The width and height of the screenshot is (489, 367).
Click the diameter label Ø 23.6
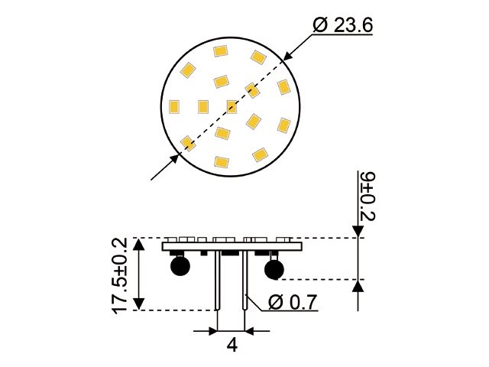pyautogui.click(x=343, y=25)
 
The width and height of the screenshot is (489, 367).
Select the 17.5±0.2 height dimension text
pyautogui.click(x=120, y=273)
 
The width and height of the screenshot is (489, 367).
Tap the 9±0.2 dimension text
pyautogui.click(x=368, y=196)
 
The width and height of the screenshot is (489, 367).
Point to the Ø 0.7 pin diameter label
pyautogui.click(x=293, y=302)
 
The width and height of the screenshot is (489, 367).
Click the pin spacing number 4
pyautogui.click(x=232, y=345)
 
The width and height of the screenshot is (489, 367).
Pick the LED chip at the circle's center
pyautogui.click(x=232, y=106)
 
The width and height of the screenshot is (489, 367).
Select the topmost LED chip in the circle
pyautogui.click(x=221, y=52)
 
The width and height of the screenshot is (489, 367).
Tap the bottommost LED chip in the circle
pyautogui.click(x=222, y=162)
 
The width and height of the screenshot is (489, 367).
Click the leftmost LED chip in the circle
pyautogui.click(x=173, y=106)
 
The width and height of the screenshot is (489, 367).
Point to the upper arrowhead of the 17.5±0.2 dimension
pyautogui.click(x=138, y=244)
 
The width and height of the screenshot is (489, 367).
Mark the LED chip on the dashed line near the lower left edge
pyautogui.click(x=187, y=142)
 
